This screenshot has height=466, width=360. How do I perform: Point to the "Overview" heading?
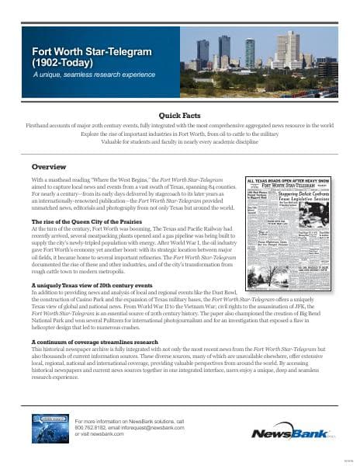(x=48, y=166)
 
